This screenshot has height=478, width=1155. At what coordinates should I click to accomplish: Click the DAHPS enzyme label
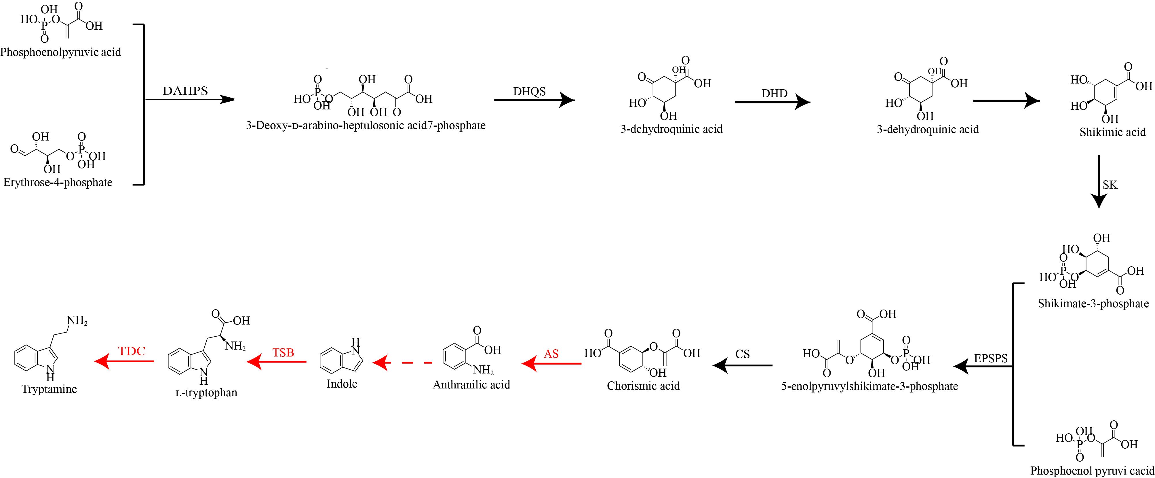(x=185, y=91)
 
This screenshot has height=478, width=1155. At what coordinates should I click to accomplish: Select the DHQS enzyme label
(x=530, y=92)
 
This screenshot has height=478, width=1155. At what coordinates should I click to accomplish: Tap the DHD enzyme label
(x=774, y=94)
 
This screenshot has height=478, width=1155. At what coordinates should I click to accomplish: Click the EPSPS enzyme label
(x=991, y=358)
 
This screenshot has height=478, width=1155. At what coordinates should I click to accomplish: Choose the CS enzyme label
(x=743, y=354)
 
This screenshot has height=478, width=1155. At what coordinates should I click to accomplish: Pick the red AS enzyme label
(x=551, y=354)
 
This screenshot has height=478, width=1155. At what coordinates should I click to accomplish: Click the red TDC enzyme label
(x=132, y=351)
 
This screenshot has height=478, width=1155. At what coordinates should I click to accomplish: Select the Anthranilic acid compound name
(x=471, y=385)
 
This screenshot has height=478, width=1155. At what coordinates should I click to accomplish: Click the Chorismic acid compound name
(x=644, y=386)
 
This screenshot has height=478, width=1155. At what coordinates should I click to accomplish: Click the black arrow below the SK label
(x=1099, y=182)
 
